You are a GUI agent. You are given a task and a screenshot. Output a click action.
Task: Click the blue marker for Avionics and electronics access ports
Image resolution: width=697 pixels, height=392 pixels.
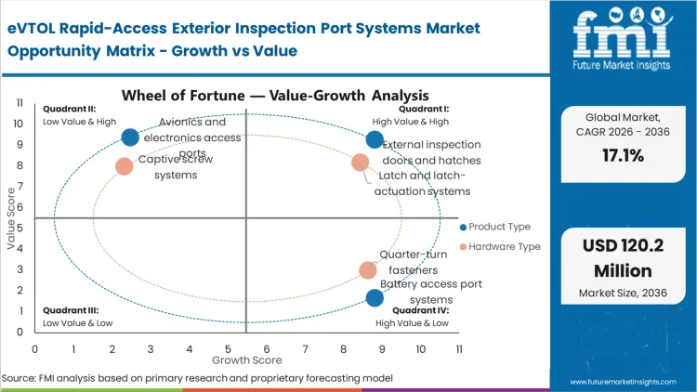tap(130, 137)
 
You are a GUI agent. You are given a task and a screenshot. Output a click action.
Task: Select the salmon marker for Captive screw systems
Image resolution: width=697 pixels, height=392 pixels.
tap(125, 166)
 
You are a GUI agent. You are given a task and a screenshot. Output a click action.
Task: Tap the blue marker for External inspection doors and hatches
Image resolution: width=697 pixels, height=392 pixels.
tap(375, 139)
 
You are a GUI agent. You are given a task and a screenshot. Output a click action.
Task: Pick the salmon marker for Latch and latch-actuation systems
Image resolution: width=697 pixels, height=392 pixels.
tap(361, 163)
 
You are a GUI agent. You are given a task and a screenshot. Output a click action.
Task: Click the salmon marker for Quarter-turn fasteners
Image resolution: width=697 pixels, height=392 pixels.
tap(369, 270)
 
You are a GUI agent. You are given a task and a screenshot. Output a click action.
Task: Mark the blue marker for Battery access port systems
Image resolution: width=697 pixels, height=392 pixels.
tap(375, 298)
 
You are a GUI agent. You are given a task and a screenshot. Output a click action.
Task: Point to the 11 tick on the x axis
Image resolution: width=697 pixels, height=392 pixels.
tap(459, 348)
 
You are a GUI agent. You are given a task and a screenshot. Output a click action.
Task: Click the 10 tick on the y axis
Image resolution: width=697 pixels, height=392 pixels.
tap(19, 123)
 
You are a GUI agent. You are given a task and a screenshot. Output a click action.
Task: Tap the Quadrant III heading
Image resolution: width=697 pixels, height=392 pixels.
tap(69, 310)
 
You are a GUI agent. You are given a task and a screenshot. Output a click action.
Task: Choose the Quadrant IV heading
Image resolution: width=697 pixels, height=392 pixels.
tap(420, 310)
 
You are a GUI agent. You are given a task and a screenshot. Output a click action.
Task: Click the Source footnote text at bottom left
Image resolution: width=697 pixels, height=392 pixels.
tap(197, 378)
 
